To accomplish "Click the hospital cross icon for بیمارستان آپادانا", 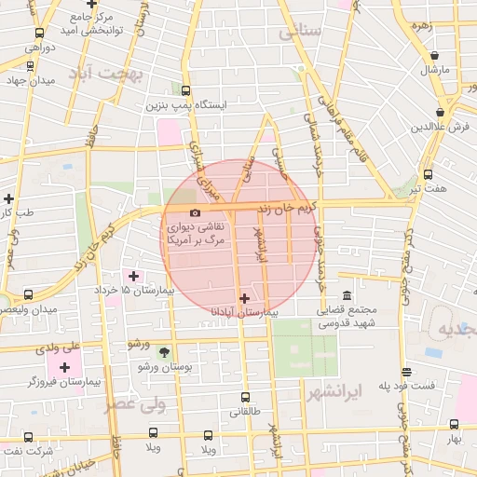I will (x=245, y=299).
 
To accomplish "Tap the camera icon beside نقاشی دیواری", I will (x=194, y=213).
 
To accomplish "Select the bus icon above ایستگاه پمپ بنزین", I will (x=185, y=91).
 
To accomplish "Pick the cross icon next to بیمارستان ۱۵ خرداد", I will (x=133, y=276).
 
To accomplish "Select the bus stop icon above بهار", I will (x=454, y=424).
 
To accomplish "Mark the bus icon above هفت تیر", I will (x=428, y=174).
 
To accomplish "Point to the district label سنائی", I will (x=299, y=32).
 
